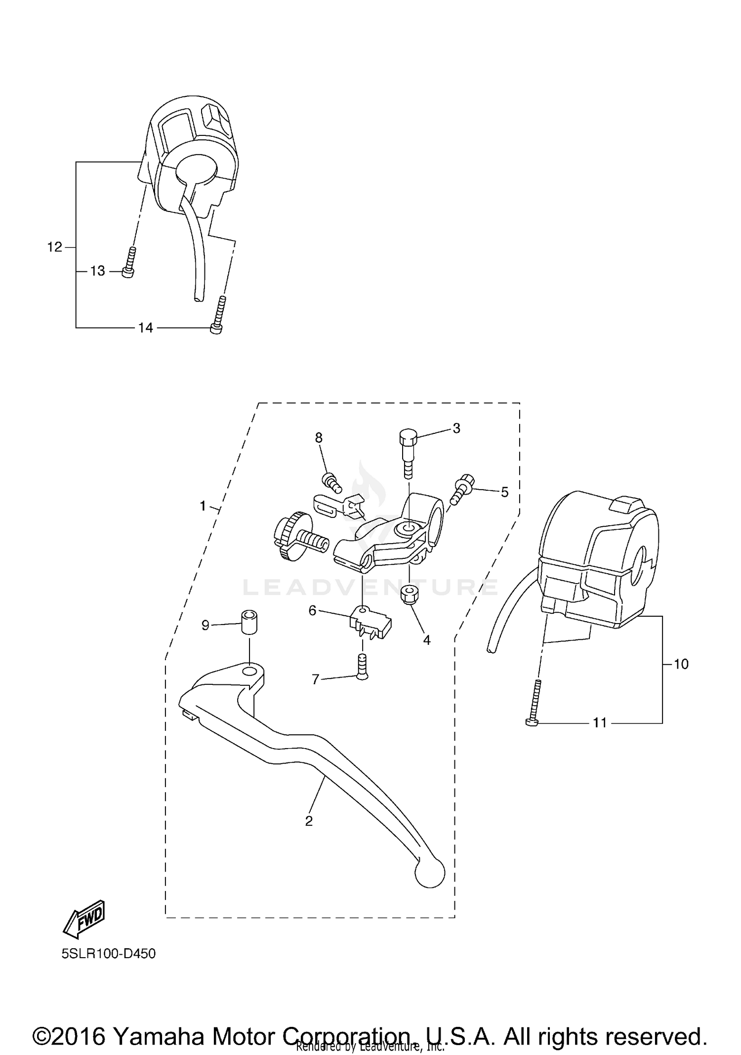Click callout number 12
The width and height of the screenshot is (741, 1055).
click(x=54, y=247)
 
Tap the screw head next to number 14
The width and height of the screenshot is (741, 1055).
click(x=216, y=328)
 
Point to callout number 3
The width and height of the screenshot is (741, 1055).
click(x=456, y=428)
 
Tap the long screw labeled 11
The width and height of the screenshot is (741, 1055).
click(x=535, y=702)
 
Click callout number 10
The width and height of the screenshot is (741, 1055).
click(x=681, y=664)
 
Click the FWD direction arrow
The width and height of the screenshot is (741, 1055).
click(x=84, y=920)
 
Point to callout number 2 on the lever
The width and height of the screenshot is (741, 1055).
click(x=309, y=821)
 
